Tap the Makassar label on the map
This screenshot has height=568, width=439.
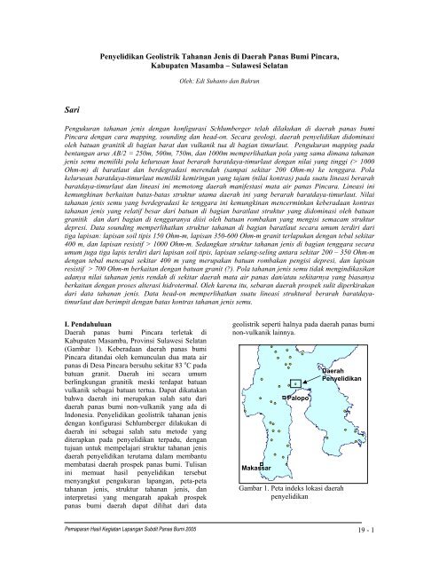[257, 467]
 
